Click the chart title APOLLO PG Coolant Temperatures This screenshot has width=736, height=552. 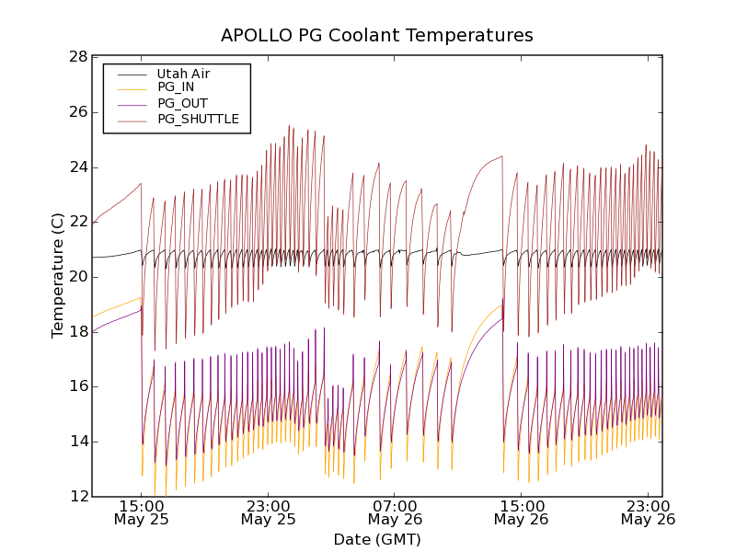(x=376, y=36)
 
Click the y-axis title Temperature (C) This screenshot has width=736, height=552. (x=58, y=275)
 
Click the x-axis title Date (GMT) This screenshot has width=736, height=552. (x=376, y=539)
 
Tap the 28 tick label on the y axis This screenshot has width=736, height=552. (x=77, y=57)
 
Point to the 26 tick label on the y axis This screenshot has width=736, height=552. (x=77, y=112)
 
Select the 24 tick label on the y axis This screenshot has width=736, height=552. (x=77, y=167)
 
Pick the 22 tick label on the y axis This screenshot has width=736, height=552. (x=77, y=222)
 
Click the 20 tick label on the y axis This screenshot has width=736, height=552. (x=77, y=277)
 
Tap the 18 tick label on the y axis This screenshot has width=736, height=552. (x=77, y=332)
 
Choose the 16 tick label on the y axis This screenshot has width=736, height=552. (x=77, y=386)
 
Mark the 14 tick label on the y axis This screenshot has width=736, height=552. (x=77, y=442)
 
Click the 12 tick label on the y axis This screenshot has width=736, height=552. (x=77, y=497)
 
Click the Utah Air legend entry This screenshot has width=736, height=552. (x=183, y=73)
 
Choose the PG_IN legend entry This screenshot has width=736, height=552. (x=176, y=87)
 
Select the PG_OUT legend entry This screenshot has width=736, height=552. (x=182, y=103)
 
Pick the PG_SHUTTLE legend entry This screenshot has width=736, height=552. (x=198, y=119)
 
